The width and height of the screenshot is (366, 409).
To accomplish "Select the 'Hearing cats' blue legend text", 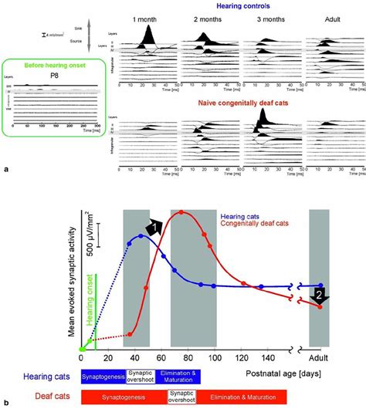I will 242,217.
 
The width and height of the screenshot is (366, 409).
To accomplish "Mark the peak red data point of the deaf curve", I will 181,213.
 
